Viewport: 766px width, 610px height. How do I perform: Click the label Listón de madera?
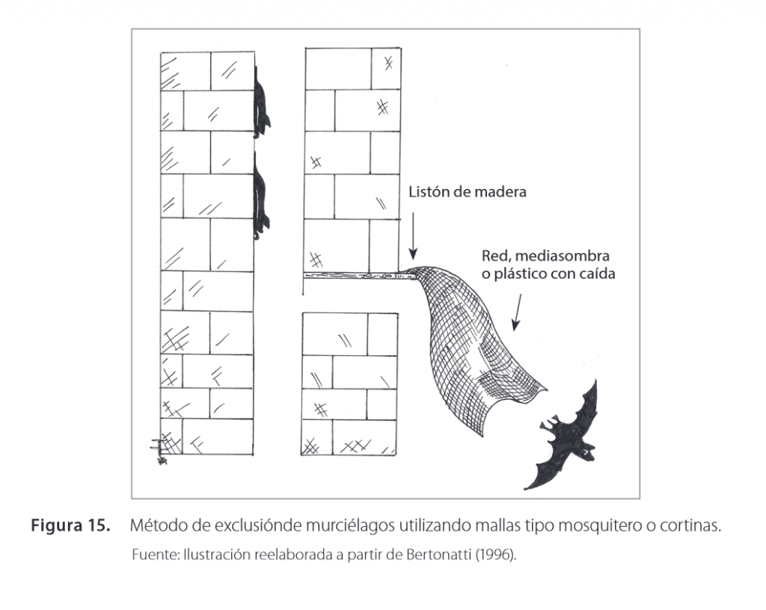467,192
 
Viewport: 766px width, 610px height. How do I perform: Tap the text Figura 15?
70,526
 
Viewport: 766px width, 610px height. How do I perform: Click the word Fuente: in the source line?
151,555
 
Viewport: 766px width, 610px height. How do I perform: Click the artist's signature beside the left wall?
158,449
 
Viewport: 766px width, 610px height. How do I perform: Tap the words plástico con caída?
555,274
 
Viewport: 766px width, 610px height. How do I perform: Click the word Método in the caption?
155,526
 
